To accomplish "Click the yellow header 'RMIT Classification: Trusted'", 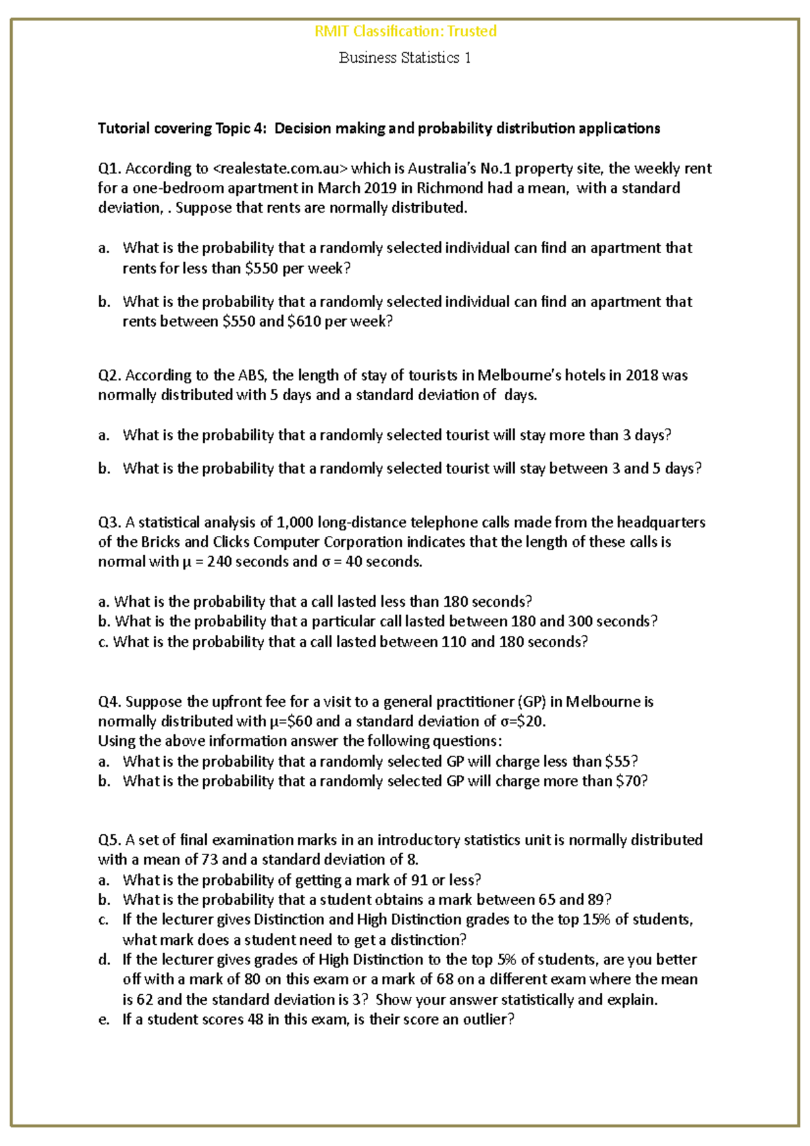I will coord(405,31).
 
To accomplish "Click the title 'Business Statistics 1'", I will coord(404,58).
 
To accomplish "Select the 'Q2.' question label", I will coord(110,375).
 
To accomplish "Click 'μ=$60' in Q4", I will coord(291,721).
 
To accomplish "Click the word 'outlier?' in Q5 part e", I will coord(488,1020).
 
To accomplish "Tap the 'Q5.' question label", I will coord(110,840).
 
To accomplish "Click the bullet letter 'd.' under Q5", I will coord(103,960).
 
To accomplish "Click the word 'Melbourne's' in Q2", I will coord(519,375).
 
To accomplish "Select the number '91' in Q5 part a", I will coord(419,880).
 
